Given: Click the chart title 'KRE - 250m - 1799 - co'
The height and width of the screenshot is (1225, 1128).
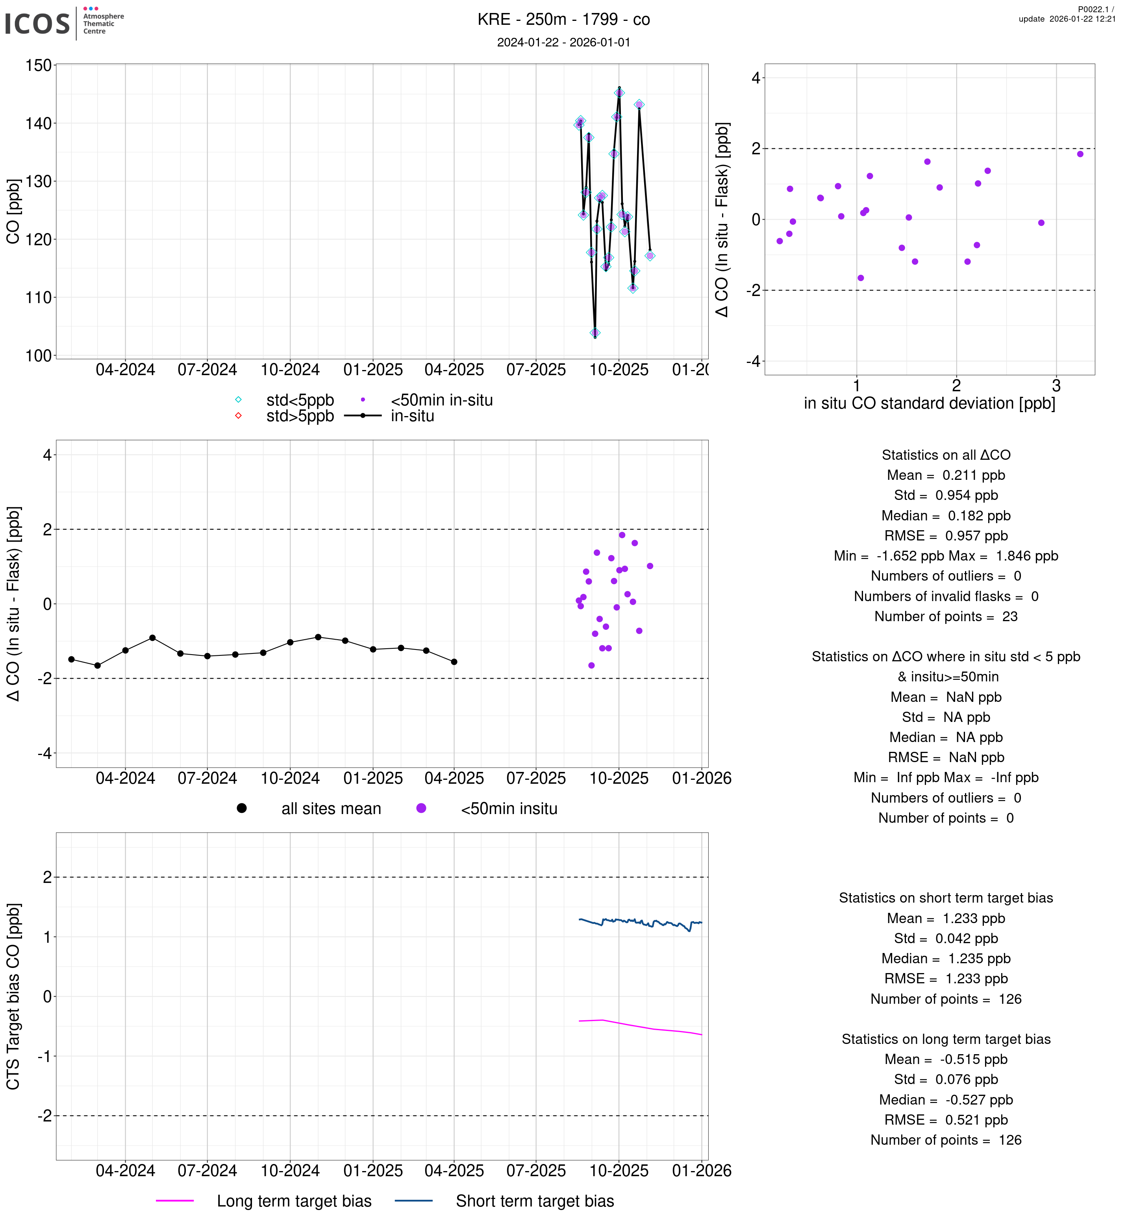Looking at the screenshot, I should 563,20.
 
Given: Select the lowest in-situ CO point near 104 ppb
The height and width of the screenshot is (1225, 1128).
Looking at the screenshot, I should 595,333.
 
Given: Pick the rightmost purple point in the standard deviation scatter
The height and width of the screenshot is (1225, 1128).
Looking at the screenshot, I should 1080,154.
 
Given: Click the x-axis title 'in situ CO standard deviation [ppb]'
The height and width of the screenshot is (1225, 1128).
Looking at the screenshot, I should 929,403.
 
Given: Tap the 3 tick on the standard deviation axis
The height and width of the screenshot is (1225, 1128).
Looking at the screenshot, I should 1056,386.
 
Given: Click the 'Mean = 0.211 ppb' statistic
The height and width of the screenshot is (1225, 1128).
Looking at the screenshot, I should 945,476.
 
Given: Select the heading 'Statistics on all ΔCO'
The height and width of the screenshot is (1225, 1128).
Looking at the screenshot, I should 945,455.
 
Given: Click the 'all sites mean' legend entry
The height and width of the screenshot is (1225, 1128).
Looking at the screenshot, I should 331,809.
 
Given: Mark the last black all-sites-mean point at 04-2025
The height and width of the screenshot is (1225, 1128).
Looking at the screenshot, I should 454,662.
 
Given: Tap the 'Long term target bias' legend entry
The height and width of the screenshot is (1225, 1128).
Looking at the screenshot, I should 294,1201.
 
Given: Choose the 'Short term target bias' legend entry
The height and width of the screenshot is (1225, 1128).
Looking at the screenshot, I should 535,1201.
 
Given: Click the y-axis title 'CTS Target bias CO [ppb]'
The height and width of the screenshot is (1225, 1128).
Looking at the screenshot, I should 13,996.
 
